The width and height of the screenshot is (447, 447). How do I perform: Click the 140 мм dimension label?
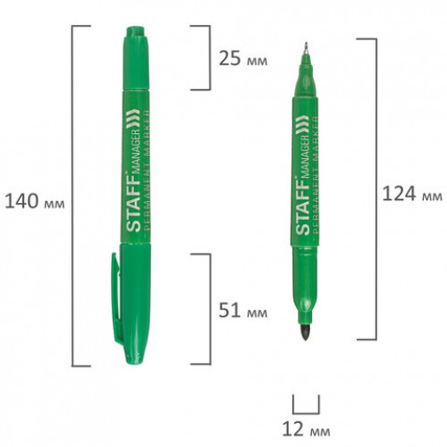point(35,201)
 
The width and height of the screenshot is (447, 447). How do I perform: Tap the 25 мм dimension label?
point(243,58)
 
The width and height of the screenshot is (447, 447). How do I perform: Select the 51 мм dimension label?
point(243,310)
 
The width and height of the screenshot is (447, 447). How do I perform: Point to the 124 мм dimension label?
point(412,194)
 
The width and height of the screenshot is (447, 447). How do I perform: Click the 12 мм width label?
point(306,429)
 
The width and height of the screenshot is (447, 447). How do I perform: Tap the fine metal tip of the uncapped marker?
point(306,48)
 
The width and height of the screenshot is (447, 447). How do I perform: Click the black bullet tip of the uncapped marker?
point(306,333)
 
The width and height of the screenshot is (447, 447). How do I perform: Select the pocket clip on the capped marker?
point(116,298)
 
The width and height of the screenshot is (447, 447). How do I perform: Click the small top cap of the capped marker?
point(136,58)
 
